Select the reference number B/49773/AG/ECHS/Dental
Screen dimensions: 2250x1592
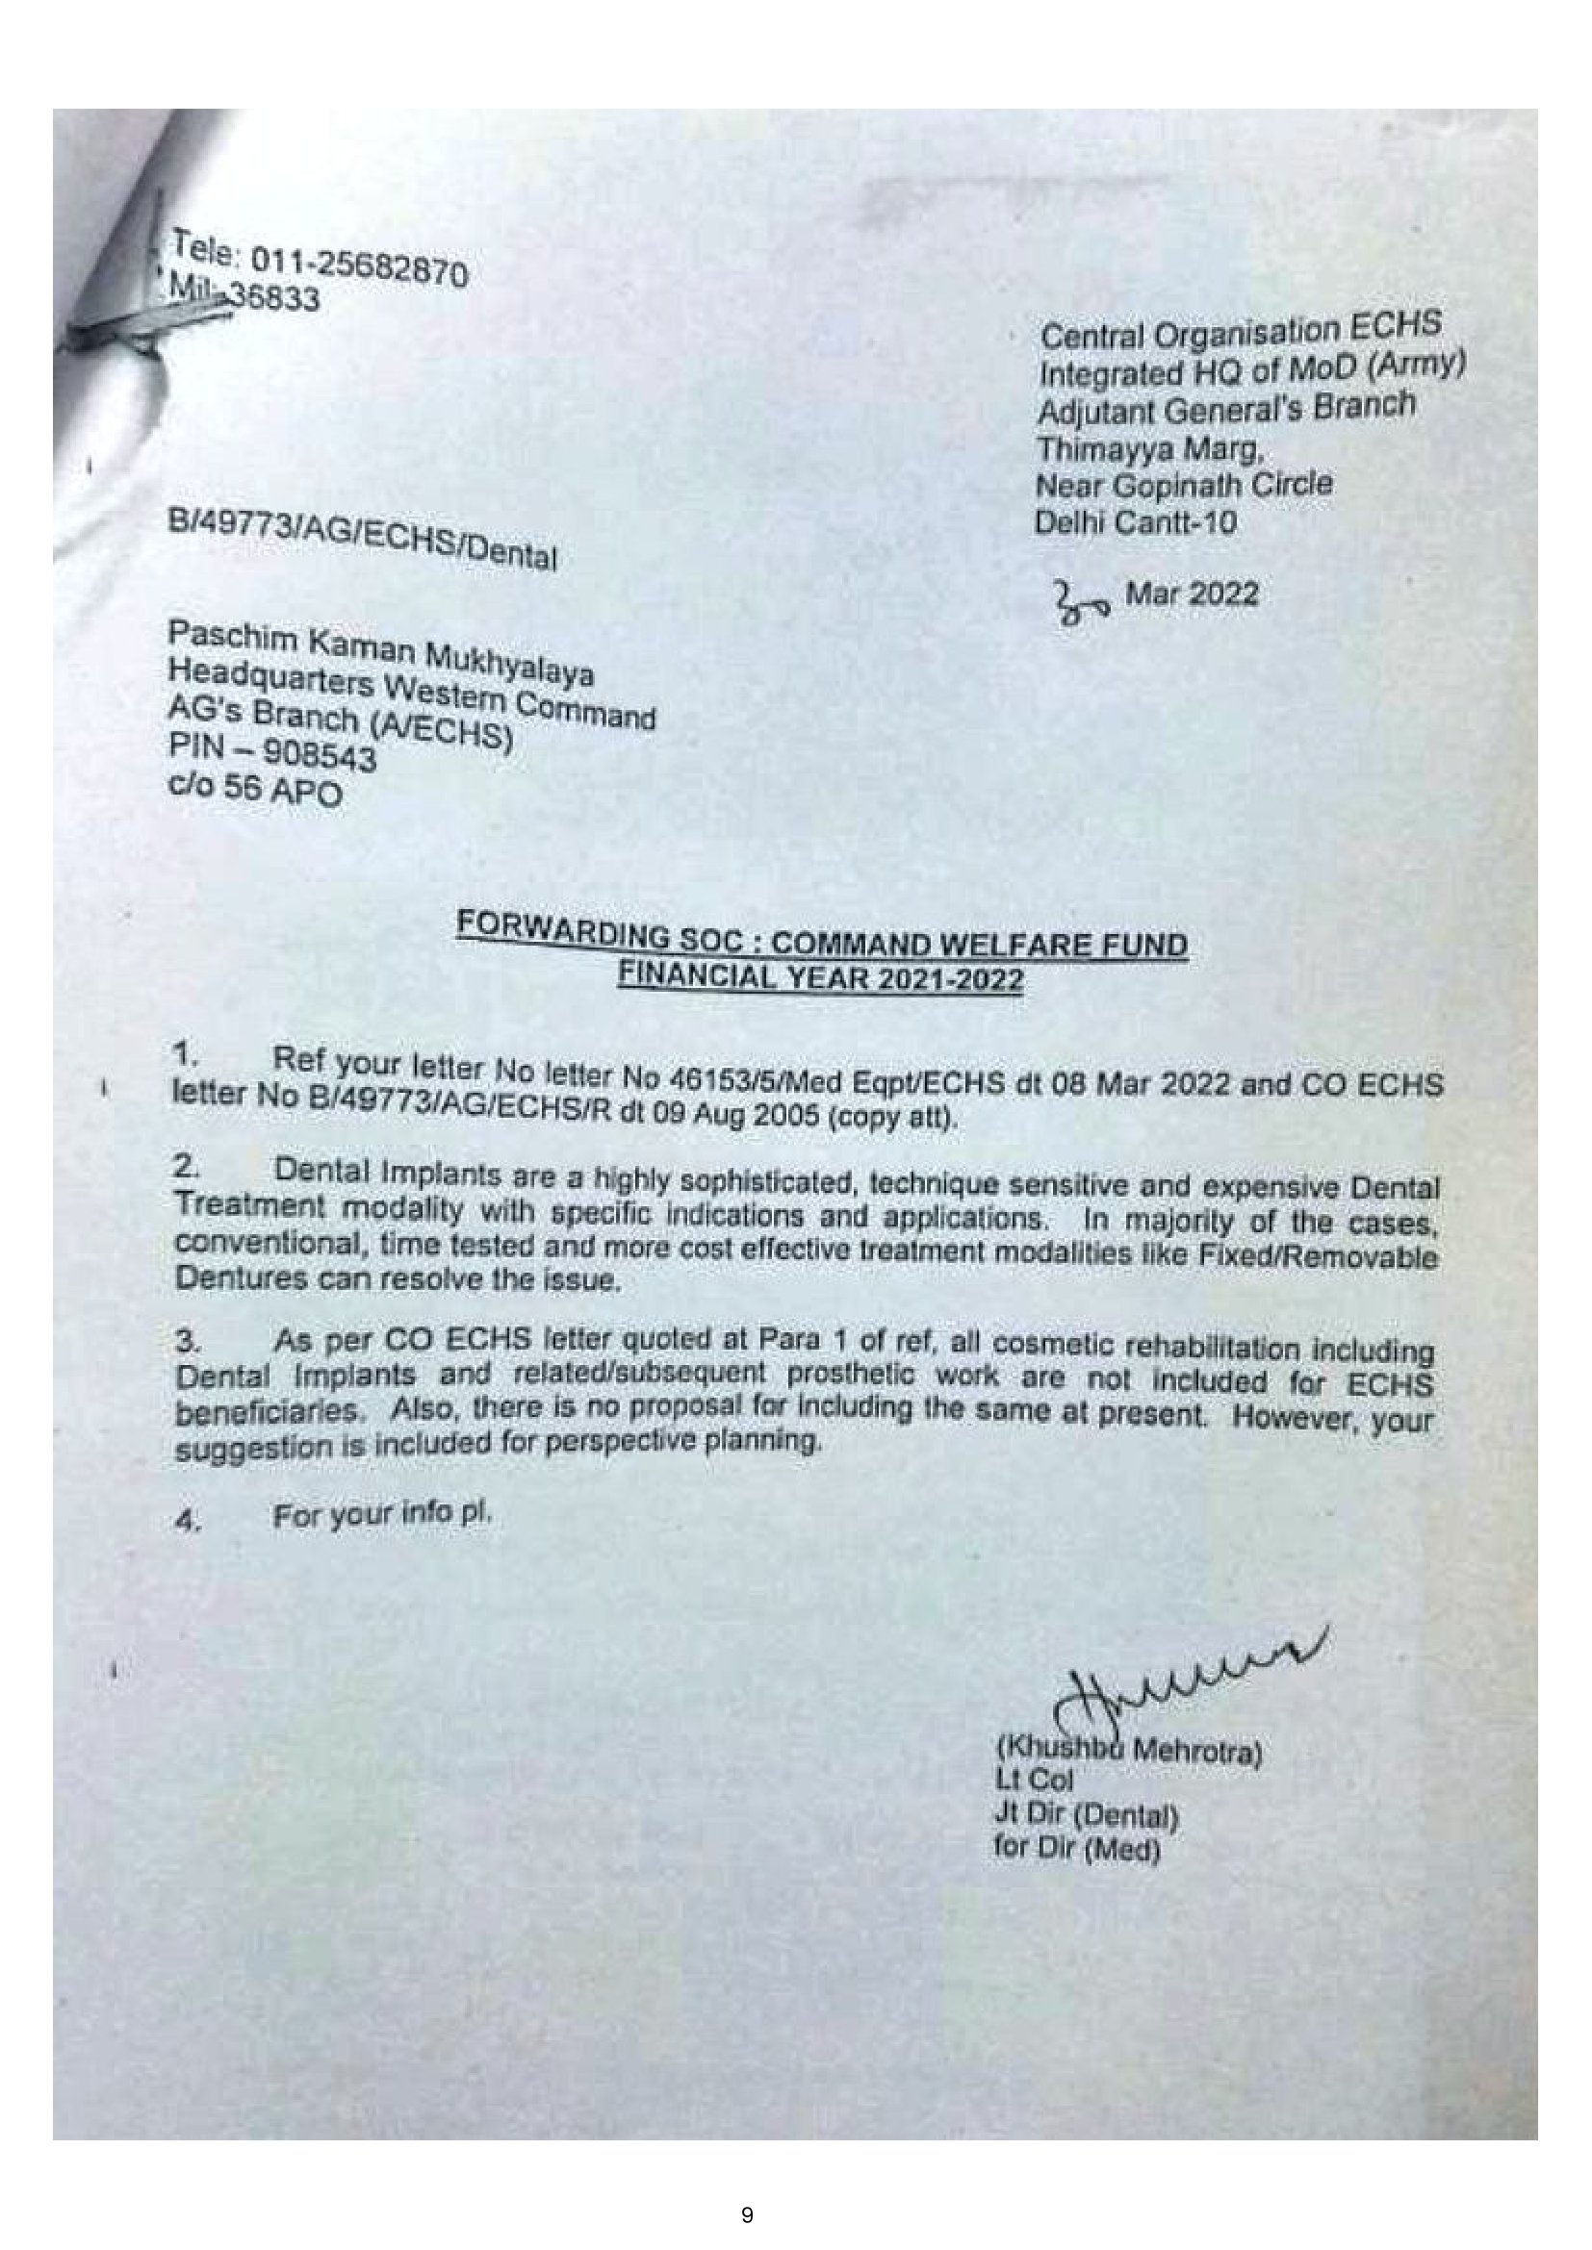(x=363, y=540)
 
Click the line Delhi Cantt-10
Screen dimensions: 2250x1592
(x=1135, y=522)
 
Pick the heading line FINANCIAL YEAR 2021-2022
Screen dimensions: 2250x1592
(x=819, y=978)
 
